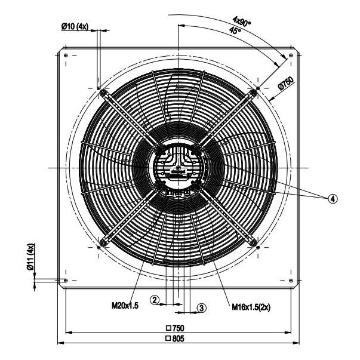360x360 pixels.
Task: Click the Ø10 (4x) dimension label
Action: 75,26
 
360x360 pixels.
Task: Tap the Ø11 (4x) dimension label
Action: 30,257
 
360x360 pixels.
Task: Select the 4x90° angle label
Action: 242,22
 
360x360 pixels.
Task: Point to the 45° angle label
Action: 235,30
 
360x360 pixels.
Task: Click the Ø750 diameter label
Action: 285,83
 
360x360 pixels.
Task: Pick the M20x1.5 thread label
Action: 125,305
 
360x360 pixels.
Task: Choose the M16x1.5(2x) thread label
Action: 251,307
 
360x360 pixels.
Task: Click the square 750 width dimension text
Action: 175,328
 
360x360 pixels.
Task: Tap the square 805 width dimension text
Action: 175,339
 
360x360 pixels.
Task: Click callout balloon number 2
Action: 155,300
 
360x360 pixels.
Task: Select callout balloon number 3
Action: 202,308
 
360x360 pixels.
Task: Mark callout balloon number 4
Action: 333,199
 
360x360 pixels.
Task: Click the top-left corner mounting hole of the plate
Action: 66,56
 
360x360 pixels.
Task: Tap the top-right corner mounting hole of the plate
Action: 291,56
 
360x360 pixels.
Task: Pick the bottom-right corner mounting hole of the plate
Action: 291,281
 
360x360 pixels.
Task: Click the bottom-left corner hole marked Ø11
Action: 66,281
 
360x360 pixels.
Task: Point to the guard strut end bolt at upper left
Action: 103,93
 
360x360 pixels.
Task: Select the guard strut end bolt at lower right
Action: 253,242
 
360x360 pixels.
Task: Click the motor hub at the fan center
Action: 179,168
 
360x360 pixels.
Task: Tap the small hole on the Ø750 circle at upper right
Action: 258,88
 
